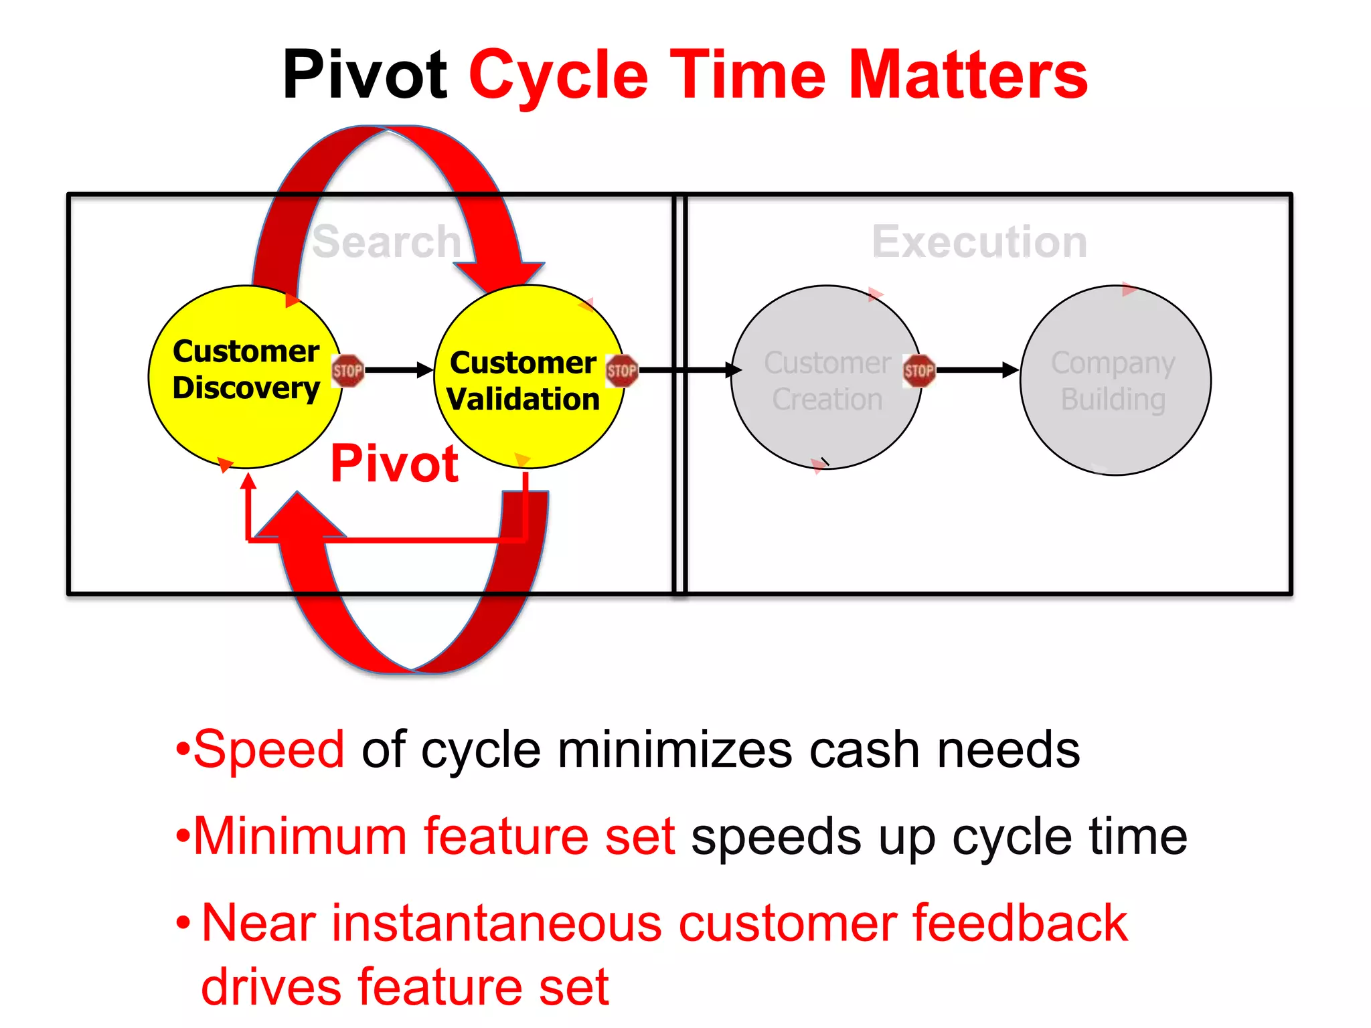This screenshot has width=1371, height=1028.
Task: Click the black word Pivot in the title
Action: pyautogui.click(x=365, y=75)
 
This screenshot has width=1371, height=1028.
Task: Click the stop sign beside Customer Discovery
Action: pyautogui.click(x=347, y=370)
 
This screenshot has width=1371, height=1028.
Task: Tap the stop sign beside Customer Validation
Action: pyautogui.click(x=621, y=370)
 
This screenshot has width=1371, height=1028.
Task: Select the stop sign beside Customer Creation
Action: pyautogui.click(x=918, y=370)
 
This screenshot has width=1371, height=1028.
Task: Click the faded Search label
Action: pyautogui.click(x=386, y=242)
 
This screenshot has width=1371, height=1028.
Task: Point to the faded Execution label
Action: pyautogui.click(x=979, y=242)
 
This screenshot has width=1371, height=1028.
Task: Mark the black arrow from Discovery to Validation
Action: pyautogui.click(x=399, y=370)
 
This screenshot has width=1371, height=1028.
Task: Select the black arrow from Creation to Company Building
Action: pyautogui.click(x=977, y=370)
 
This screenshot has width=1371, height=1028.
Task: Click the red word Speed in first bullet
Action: pyautogui.click(x=269, y=749)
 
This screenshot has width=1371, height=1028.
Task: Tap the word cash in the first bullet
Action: pyautogui.click(x=865, y=750)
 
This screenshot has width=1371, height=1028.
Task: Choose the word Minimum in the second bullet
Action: pyautogui.click(x=300, y=836)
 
